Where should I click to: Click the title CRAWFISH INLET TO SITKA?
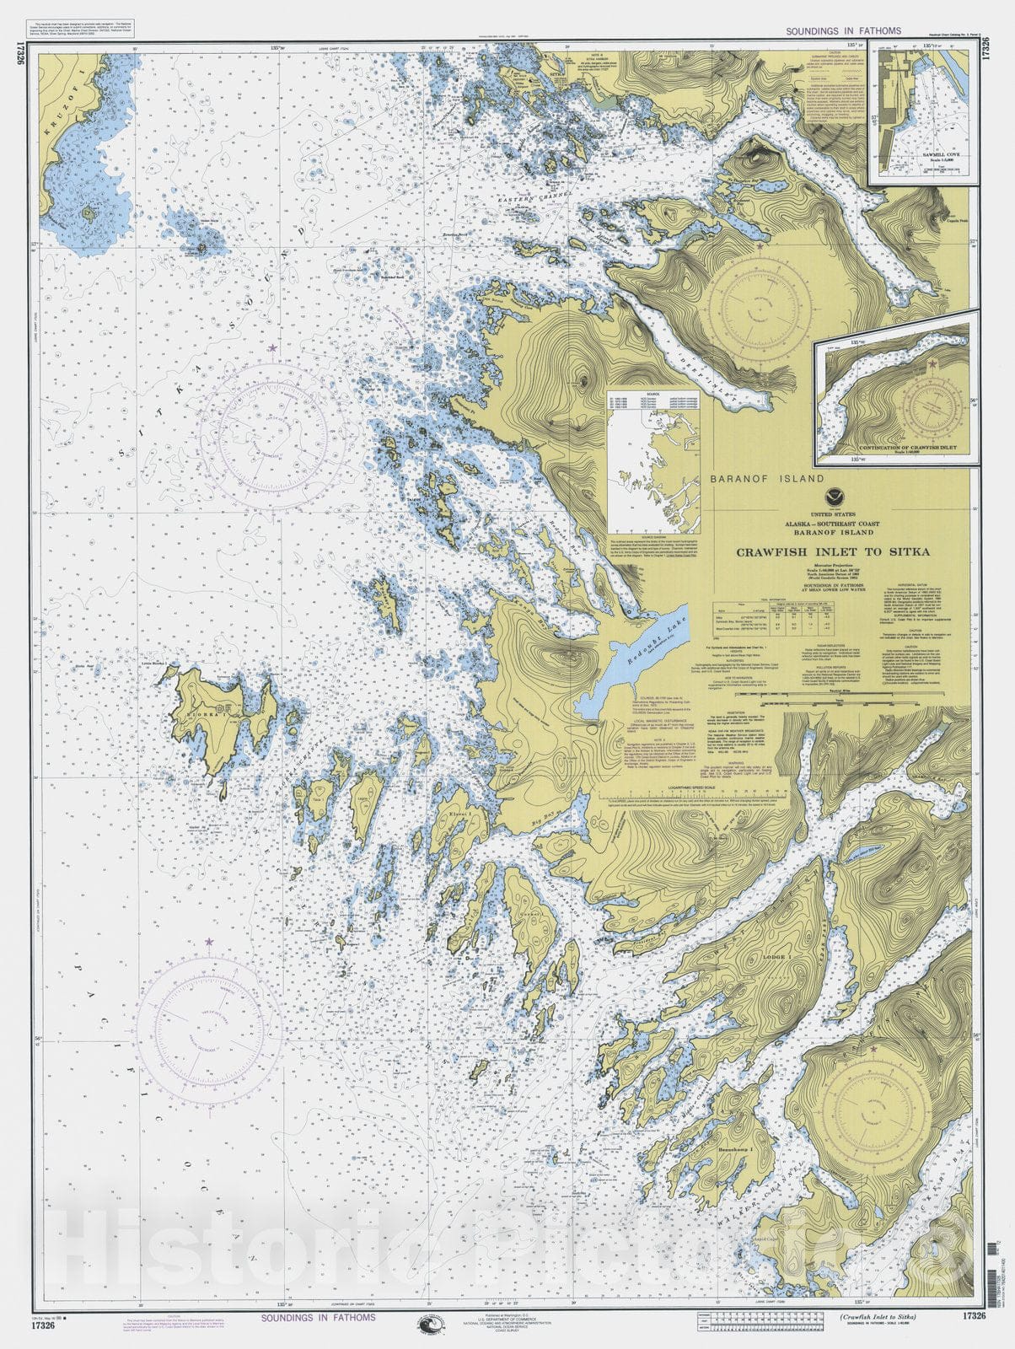coord(834,552)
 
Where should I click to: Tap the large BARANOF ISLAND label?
coord(767,479)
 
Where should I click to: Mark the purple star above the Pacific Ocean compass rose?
coord(209,941)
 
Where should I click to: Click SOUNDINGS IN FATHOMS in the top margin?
coord(843,30)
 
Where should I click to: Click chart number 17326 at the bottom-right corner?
coord(972,1316)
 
